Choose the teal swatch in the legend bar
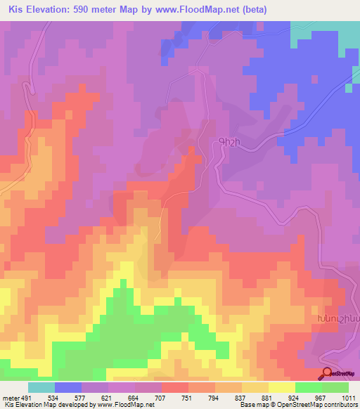click(x=41, y=388)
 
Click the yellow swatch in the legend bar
click(x=281, y=388)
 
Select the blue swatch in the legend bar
click(x=68, y=388)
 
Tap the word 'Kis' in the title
click(x=17, y=9)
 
